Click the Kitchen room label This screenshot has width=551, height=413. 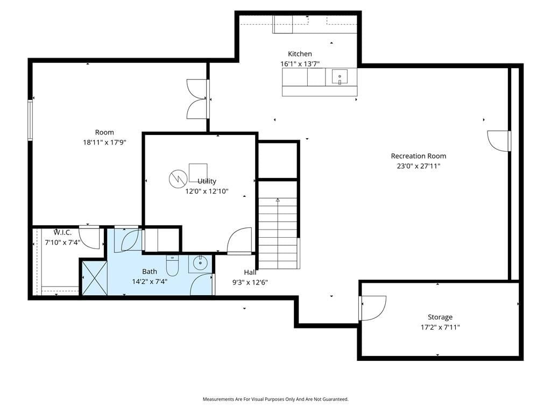[300, 54]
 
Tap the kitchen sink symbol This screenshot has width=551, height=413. [340, 77]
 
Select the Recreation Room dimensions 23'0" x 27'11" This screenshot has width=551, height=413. [419, 166]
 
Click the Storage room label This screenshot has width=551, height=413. [440, 317]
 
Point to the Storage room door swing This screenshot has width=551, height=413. [373, 308]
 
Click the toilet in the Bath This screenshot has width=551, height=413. [172, 266]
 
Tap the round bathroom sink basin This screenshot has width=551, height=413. [200, 262]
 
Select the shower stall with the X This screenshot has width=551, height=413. [94, 278]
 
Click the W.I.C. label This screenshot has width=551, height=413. [62, 232]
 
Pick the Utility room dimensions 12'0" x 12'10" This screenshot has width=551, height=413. [207, 191]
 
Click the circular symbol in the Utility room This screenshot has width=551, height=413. [178, 179]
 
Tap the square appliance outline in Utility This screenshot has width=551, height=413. [198, 173]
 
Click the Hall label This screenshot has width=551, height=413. [250, 272]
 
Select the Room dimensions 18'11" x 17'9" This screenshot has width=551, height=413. [104, 143]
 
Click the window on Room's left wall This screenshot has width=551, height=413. [30, 120]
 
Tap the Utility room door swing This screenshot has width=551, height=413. [239, 240]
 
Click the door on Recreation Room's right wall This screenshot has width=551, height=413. [499, 141]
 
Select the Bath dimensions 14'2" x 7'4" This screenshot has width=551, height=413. [150, 282]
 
